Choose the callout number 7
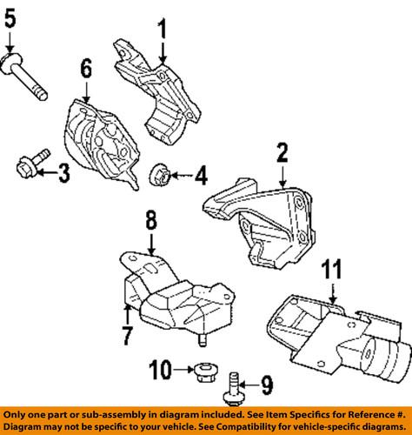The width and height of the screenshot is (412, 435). coord(129,335)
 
